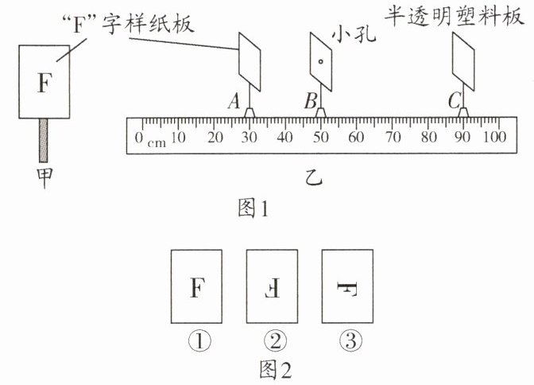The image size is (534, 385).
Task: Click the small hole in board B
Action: [319, 60]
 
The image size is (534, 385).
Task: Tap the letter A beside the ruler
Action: [233, 101]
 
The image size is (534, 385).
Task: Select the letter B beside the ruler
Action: [310, 101]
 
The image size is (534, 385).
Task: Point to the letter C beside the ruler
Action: [454, 101]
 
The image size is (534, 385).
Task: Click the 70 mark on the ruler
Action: [392, 138]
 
